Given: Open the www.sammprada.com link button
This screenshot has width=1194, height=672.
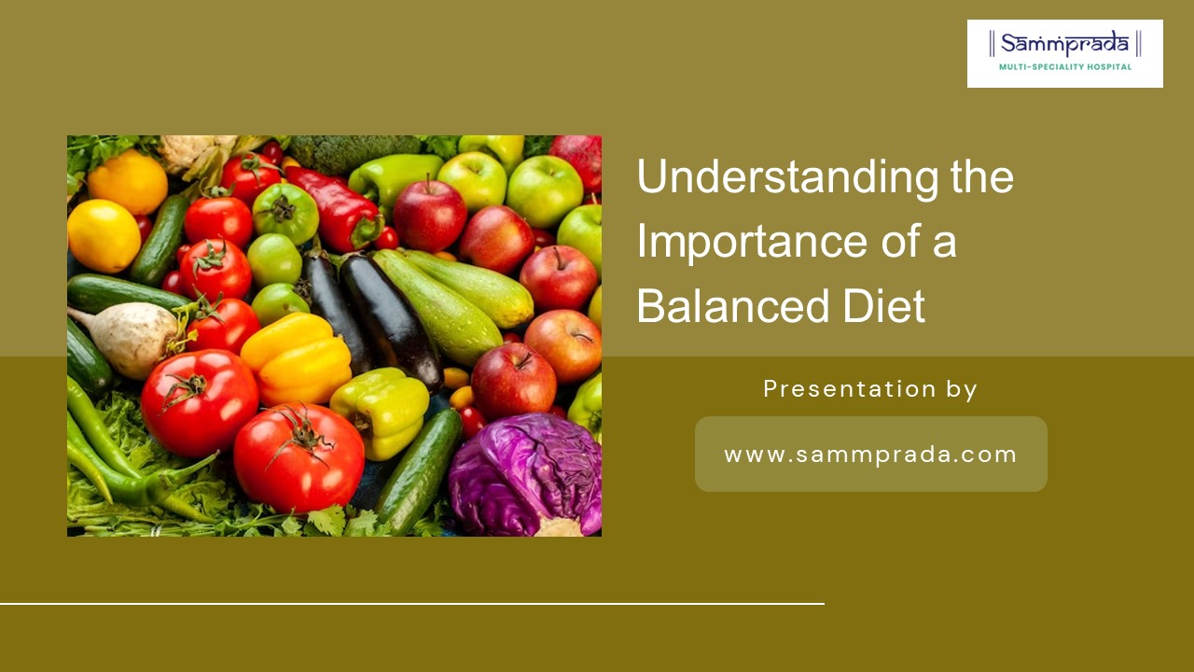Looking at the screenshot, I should coord(870,455).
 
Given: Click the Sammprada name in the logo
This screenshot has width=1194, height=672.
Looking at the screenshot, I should coord(1064,44).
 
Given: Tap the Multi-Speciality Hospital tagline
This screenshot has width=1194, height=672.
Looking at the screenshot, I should coord(1064,67).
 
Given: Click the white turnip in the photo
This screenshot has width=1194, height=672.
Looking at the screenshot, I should coord(131,339).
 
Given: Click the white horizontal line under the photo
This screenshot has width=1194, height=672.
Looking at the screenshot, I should coord(411,604).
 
